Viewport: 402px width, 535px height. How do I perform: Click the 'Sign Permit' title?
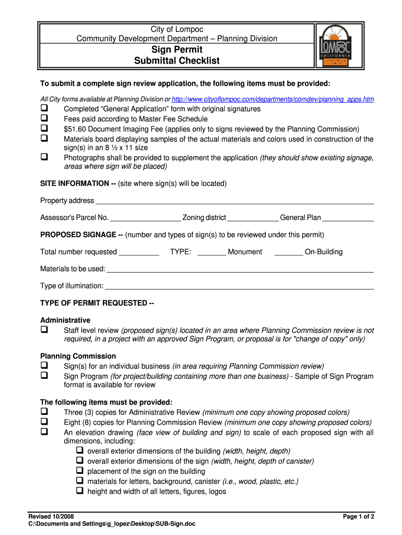pos(176,50)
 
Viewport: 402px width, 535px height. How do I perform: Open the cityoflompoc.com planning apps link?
pos(273,99)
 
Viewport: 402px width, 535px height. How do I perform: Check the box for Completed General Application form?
pos(44,109)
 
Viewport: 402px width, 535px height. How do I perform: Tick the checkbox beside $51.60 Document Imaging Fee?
pos(44,129)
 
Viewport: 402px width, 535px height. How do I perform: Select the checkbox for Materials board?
pos(44,138)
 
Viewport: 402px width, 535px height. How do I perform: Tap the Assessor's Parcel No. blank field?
pos(145,219)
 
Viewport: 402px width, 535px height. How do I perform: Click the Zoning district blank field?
pos(253,219)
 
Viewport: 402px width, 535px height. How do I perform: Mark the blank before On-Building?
pos(288,253)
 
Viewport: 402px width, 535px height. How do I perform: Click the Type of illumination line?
pos(239,287)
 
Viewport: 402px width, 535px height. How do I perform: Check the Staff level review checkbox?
pos(44,330)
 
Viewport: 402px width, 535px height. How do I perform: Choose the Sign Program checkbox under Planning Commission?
pos(44,376)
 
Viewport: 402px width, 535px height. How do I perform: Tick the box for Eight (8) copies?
pos(44,422)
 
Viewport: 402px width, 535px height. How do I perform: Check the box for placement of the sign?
pos(80,471)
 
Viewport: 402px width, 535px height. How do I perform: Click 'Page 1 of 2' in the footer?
pos(358,517)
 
